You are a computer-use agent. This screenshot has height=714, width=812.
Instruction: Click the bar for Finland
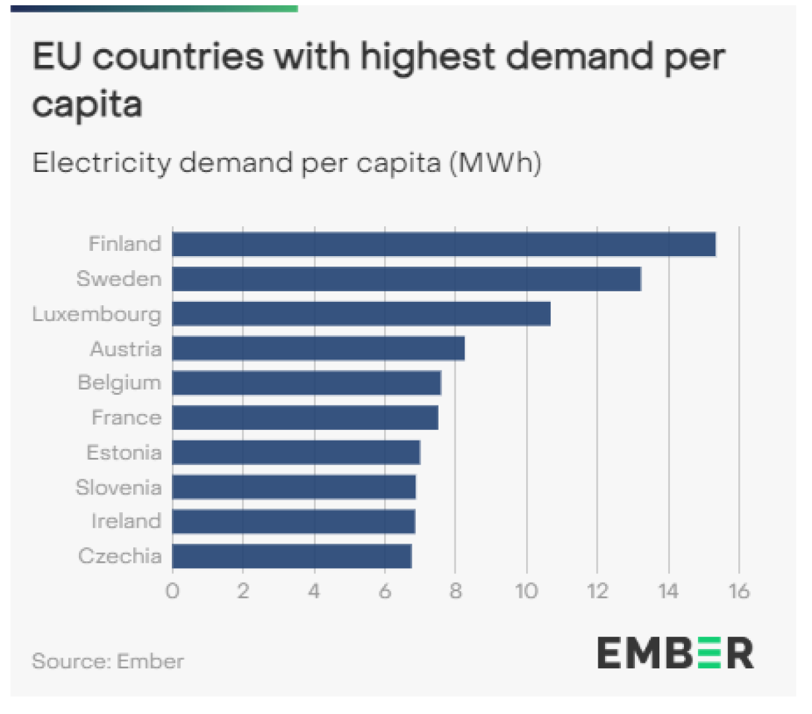pyautogui.click(x=444, y=244)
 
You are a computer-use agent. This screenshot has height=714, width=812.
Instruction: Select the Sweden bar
pyautogui.click(x=406, y=279)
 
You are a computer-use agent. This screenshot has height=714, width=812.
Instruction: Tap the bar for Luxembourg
pyautogui.click(x=361, y=314)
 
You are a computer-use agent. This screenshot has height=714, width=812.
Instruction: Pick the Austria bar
pyautogui.click(x=318, y=348)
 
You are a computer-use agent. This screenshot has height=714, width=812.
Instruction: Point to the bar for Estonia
pyautogui.click(x=296, y=453)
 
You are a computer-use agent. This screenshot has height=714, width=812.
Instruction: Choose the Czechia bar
pyautogui.click(x=292, y=556)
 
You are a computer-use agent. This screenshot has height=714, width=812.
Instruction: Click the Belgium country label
pyautogui.click(x=119, y=383)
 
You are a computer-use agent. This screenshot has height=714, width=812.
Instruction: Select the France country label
pyautogui.click(x=126, y=417)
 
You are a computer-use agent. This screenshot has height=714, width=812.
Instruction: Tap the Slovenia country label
pyautogui.click(x=119, y=487)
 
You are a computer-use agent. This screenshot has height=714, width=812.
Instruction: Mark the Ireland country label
pyautogui.click(x=126, y=521)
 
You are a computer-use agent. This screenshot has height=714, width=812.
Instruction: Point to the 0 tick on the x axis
pyautogui.click(x=172, y=591)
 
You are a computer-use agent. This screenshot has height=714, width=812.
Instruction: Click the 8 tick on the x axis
pyautogui.click(x=456, y=591)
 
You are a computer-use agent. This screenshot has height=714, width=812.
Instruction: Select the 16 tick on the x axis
pyautogui.click(x=738, y=591)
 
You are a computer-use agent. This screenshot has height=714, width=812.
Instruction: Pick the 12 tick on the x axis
pyautogui.click(x=597, y=591)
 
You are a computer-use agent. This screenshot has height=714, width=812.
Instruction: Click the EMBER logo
pyautogui.click(x=675, y=653)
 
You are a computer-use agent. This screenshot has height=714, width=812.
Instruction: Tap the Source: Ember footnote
pyautogui.click(x=108, y=661)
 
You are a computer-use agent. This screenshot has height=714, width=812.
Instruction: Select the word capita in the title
pyautogui.click(x=87, y=105)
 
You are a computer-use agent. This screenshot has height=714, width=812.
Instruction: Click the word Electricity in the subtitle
pyautogui.click(x=100, y=163)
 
